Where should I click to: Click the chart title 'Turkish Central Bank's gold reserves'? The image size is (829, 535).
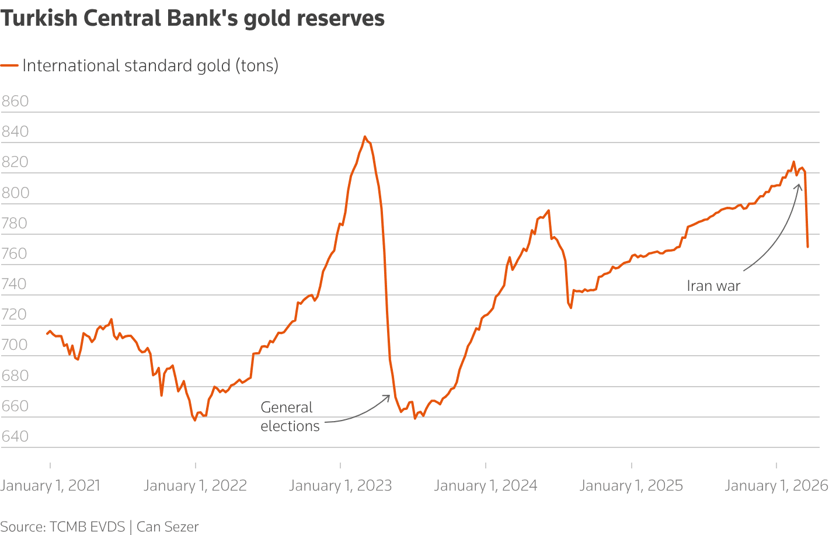(x=193, y=19)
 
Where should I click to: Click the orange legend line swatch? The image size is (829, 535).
(x=9, y=65)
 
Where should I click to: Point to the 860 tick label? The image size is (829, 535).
(x=15, y=101)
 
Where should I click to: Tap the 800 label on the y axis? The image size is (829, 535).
(x=15, y=193)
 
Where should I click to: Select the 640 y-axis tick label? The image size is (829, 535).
(x=15, y=436)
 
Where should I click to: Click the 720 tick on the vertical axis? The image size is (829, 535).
(x=15, y=314)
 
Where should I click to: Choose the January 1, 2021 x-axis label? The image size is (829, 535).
(x=50, y=485)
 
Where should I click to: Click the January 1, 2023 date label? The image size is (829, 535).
(x=340, y=485)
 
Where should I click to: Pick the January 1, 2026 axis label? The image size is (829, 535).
(x=776, y=485)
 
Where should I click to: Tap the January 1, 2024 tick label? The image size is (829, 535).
(x=486, y=485)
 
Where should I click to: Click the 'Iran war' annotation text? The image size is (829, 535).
(x=713, y=286)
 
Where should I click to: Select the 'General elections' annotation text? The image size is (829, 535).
(x=290, y=416)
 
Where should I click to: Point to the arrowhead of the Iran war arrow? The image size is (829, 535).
(x=799, y=185)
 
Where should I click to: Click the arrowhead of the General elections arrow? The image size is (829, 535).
(x=388, y=397)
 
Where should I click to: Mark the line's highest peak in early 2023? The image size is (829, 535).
(x=365, y=137)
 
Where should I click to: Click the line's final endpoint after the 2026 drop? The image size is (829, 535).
(x=807, y=247)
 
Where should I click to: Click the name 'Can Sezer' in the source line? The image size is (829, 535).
(x=168, y=527)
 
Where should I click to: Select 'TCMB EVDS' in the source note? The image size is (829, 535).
(x=88, y=527)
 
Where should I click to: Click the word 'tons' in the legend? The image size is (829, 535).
(x=257, y=65)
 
